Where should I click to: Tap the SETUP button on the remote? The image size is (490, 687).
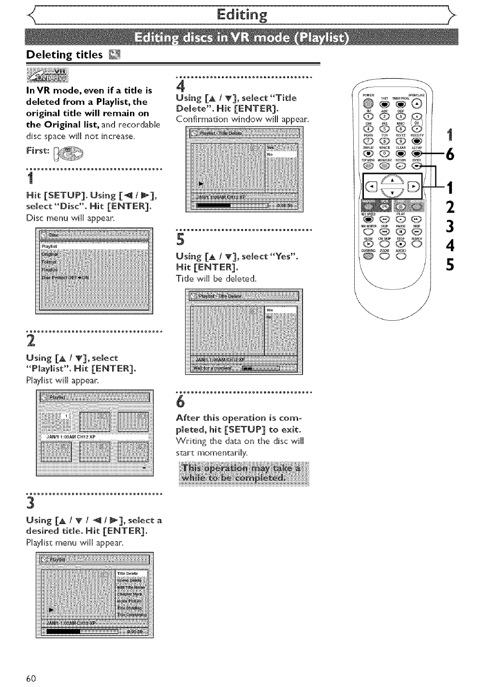[x=416, y=155]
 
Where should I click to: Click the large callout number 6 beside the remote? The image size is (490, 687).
[x=450, y=155]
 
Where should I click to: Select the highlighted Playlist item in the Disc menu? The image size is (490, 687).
[x=94, y=246]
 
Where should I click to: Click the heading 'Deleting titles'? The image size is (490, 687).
[x=64, y=54]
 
